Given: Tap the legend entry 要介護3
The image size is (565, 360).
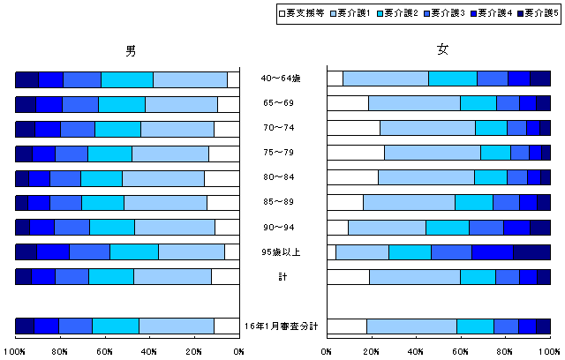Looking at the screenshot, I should pyautogui.click(x=441, y=13).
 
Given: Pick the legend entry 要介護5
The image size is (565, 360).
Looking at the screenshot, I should pyautogui.click(x=535, y=13).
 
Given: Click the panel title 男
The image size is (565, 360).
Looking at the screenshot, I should pyautogui.click(x=130, y=49).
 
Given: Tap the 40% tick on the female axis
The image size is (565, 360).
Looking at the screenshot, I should pyautogui.click(x=417, y=351).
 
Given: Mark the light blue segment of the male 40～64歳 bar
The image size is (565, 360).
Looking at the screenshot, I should pyautogui.click(x=190, y=79).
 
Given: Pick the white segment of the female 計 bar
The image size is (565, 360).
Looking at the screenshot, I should pyautogui.click(x=348, y=277).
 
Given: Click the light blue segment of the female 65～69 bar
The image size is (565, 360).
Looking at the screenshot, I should pyautogui.click(x=414, y=103).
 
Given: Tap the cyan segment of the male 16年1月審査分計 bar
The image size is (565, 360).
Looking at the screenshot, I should pyautogui.click(x=116, y=326).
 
